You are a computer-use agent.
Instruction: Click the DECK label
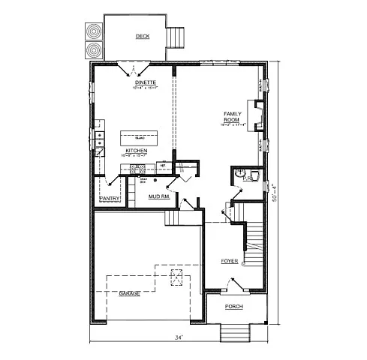point(142,36)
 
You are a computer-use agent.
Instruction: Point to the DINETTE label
point(135,83)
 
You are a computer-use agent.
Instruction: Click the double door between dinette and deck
point(133,69)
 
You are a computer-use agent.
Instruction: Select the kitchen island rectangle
point(140,138)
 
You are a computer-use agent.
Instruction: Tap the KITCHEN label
point(136,151)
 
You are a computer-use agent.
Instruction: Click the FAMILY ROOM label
point(231,117)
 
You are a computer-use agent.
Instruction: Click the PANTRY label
point(110,198)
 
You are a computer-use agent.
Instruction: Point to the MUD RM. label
point(158,196)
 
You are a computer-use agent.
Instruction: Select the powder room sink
point(254,177)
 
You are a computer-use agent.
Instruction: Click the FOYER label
point(230,261)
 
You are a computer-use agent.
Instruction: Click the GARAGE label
point(130,293)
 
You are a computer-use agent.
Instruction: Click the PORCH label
point(236,307)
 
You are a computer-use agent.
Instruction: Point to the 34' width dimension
point(179,338)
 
